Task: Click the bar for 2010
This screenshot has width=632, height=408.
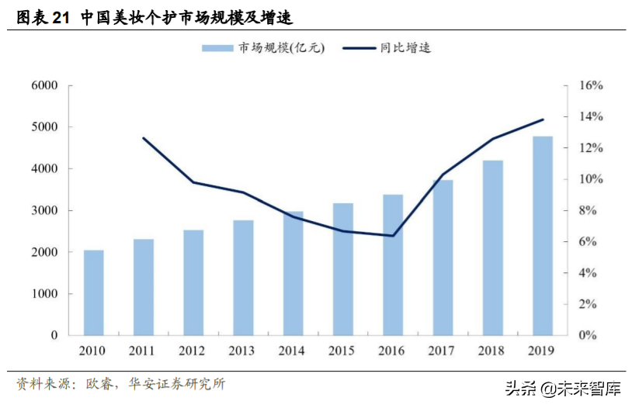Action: (93, 292)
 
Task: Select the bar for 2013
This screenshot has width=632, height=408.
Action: (243, 278)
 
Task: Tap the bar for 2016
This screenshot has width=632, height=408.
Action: (393, 265)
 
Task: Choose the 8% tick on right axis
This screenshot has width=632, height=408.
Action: (587, 210)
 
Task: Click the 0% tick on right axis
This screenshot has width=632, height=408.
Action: (587, 335)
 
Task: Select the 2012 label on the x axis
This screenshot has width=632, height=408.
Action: (193, 351)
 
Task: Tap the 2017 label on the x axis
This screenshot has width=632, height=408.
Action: (443, 351)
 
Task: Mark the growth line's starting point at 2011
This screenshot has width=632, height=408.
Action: (144, 138)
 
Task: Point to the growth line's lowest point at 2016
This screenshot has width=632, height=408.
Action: (393, 236)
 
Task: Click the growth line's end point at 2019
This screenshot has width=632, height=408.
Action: (543, 119)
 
